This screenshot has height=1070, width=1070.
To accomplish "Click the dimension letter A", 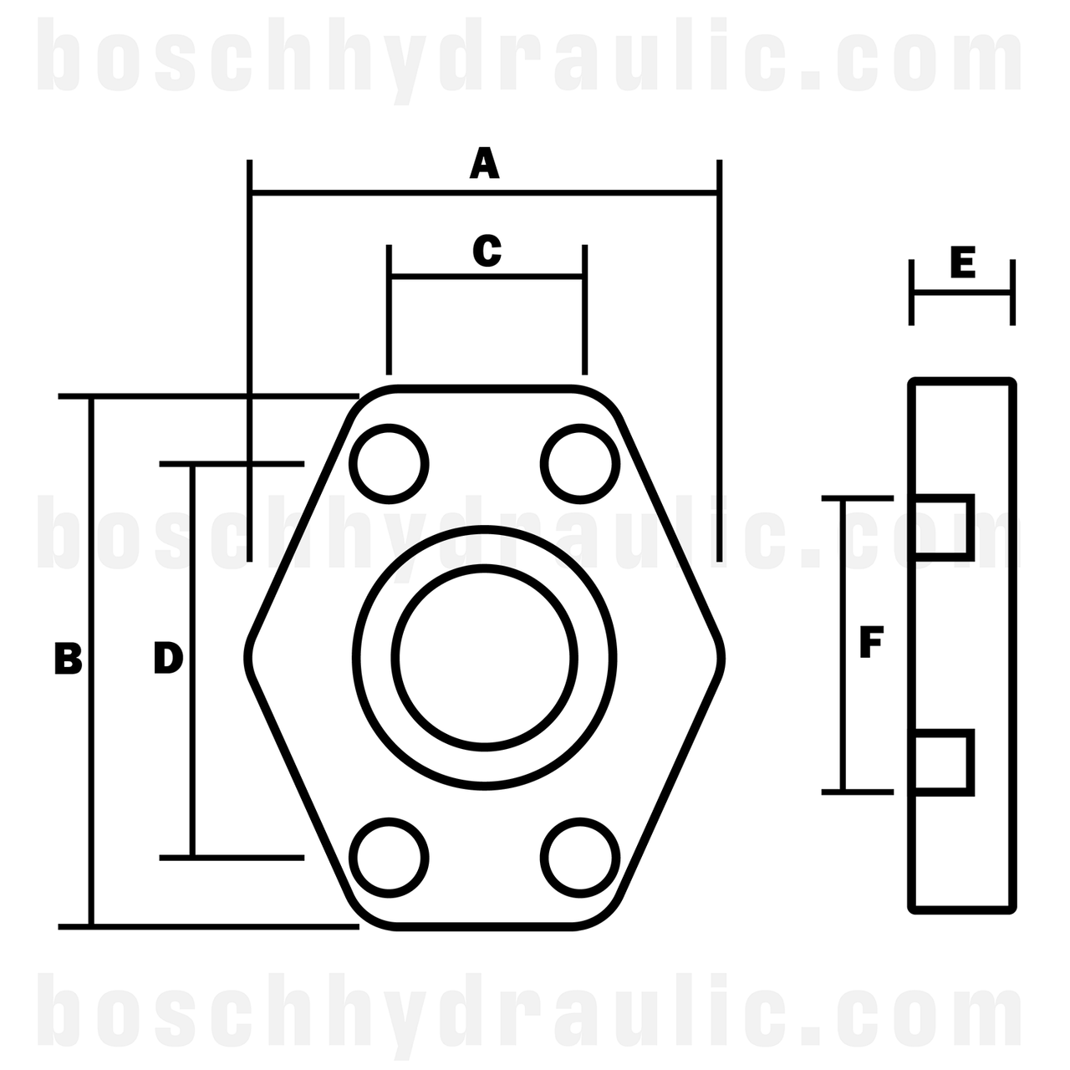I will pos(484,164).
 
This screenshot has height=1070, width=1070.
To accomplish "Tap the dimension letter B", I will pos(68,659).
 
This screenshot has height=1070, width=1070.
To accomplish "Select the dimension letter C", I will pos(487,250).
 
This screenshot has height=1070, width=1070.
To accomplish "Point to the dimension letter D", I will pos(168,659).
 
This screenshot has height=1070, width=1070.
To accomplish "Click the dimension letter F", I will pos(871,644).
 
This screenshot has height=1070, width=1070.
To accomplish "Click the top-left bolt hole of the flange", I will pos(389,464).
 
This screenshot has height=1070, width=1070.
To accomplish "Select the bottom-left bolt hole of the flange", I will pos(389,857).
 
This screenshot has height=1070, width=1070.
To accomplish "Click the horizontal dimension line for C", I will pos(487,276).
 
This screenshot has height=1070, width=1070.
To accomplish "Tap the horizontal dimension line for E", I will pos(962,293).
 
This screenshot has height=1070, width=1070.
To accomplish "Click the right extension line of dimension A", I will pos(719,359).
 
